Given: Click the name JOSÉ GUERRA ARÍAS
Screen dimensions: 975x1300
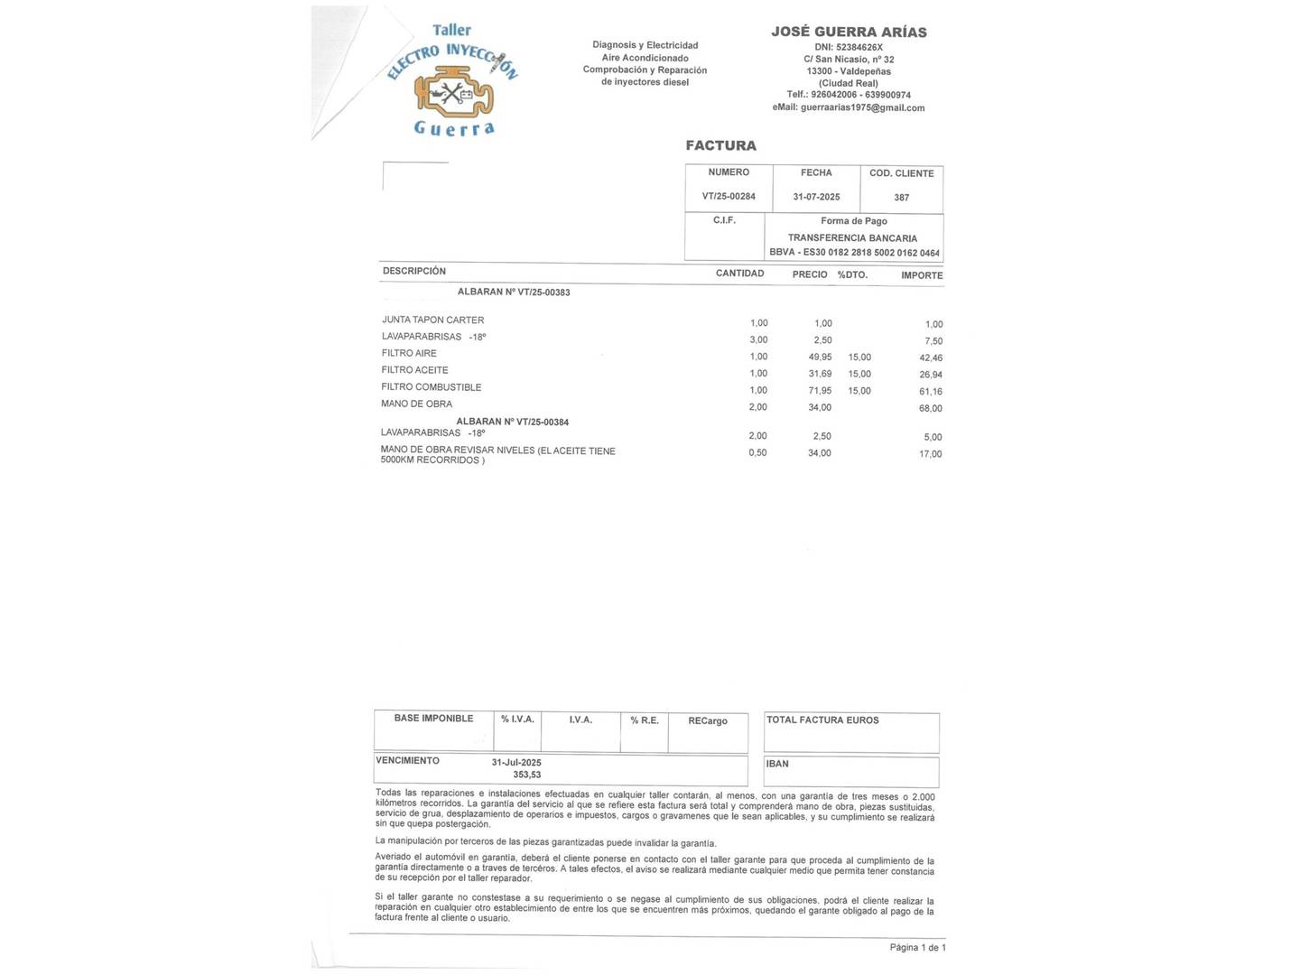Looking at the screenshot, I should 849,32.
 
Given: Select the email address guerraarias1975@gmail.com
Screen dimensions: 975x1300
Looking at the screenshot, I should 849,107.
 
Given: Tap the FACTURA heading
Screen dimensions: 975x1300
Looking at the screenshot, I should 720,145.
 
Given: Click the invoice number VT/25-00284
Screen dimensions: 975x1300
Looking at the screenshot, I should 729,196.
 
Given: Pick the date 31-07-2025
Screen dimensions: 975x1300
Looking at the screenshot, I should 816,197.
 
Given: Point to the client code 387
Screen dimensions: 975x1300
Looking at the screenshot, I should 901,198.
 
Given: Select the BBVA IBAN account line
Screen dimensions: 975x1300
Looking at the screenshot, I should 854,253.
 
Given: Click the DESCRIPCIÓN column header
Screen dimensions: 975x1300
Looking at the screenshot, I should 413,271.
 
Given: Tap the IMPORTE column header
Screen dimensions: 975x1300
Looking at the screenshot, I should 921,275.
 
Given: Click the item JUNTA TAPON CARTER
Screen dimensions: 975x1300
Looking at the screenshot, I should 432,320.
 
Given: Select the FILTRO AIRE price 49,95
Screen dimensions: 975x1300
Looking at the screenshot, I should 820,357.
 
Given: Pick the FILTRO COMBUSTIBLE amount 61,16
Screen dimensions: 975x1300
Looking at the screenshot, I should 930,392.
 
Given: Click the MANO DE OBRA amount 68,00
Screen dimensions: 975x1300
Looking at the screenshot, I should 930,408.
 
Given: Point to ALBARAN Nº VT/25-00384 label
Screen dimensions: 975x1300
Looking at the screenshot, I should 512,422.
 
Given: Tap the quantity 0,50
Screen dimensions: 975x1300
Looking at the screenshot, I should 757,452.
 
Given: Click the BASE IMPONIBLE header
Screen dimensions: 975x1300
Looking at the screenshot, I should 433,719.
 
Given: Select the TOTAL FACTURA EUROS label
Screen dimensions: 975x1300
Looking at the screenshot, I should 822,720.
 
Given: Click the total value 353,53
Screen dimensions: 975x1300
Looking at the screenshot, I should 527,775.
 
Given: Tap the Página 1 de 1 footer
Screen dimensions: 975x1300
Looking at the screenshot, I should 917,947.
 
